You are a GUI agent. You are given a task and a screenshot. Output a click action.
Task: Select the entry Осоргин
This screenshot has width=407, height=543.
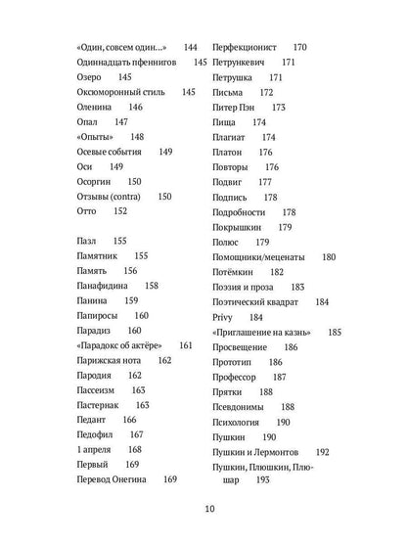coord(95,181)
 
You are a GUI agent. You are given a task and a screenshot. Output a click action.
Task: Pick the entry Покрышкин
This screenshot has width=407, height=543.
coord(239,227)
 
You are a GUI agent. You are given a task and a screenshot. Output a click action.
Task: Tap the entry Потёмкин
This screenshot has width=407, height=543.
coord(235,271)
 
